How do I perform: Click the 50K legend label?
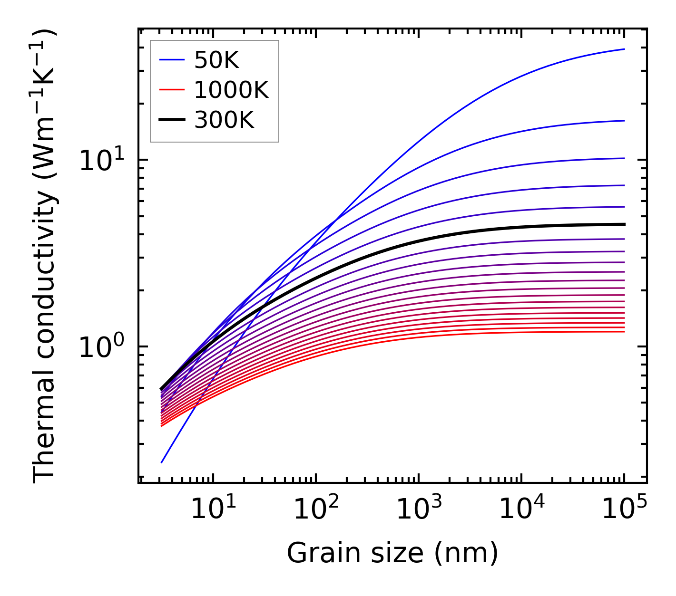(216, 60)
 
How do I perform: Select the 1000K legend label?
(231, 90)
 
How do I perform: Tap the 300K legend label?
(224, 120)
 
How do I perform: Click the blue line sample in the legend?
(171, 60)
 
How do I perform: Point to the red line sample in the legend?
(171, 90)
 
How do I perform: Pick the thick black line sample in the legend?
(171, 120)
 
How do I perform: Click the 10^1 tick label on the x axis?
(213, 510)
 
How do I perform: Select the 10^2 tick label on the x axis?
(316, 510)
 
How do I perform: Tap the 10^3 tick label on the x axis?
(419, 510)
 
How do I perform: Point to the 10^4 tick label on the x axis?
(521, 510)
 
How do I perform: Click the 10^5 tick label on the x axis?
(624, 510)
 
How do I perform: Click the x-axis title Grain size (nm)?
(392, 553)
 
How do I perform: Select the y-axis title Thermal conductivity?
(45, 257)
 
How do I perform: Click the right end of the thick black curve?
(624, 224)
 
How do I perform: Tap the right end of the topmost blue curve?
(624, 49)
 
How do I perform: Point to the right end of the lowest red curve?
(624, 331)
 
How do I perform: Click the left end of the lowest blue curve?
(162, 462)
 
